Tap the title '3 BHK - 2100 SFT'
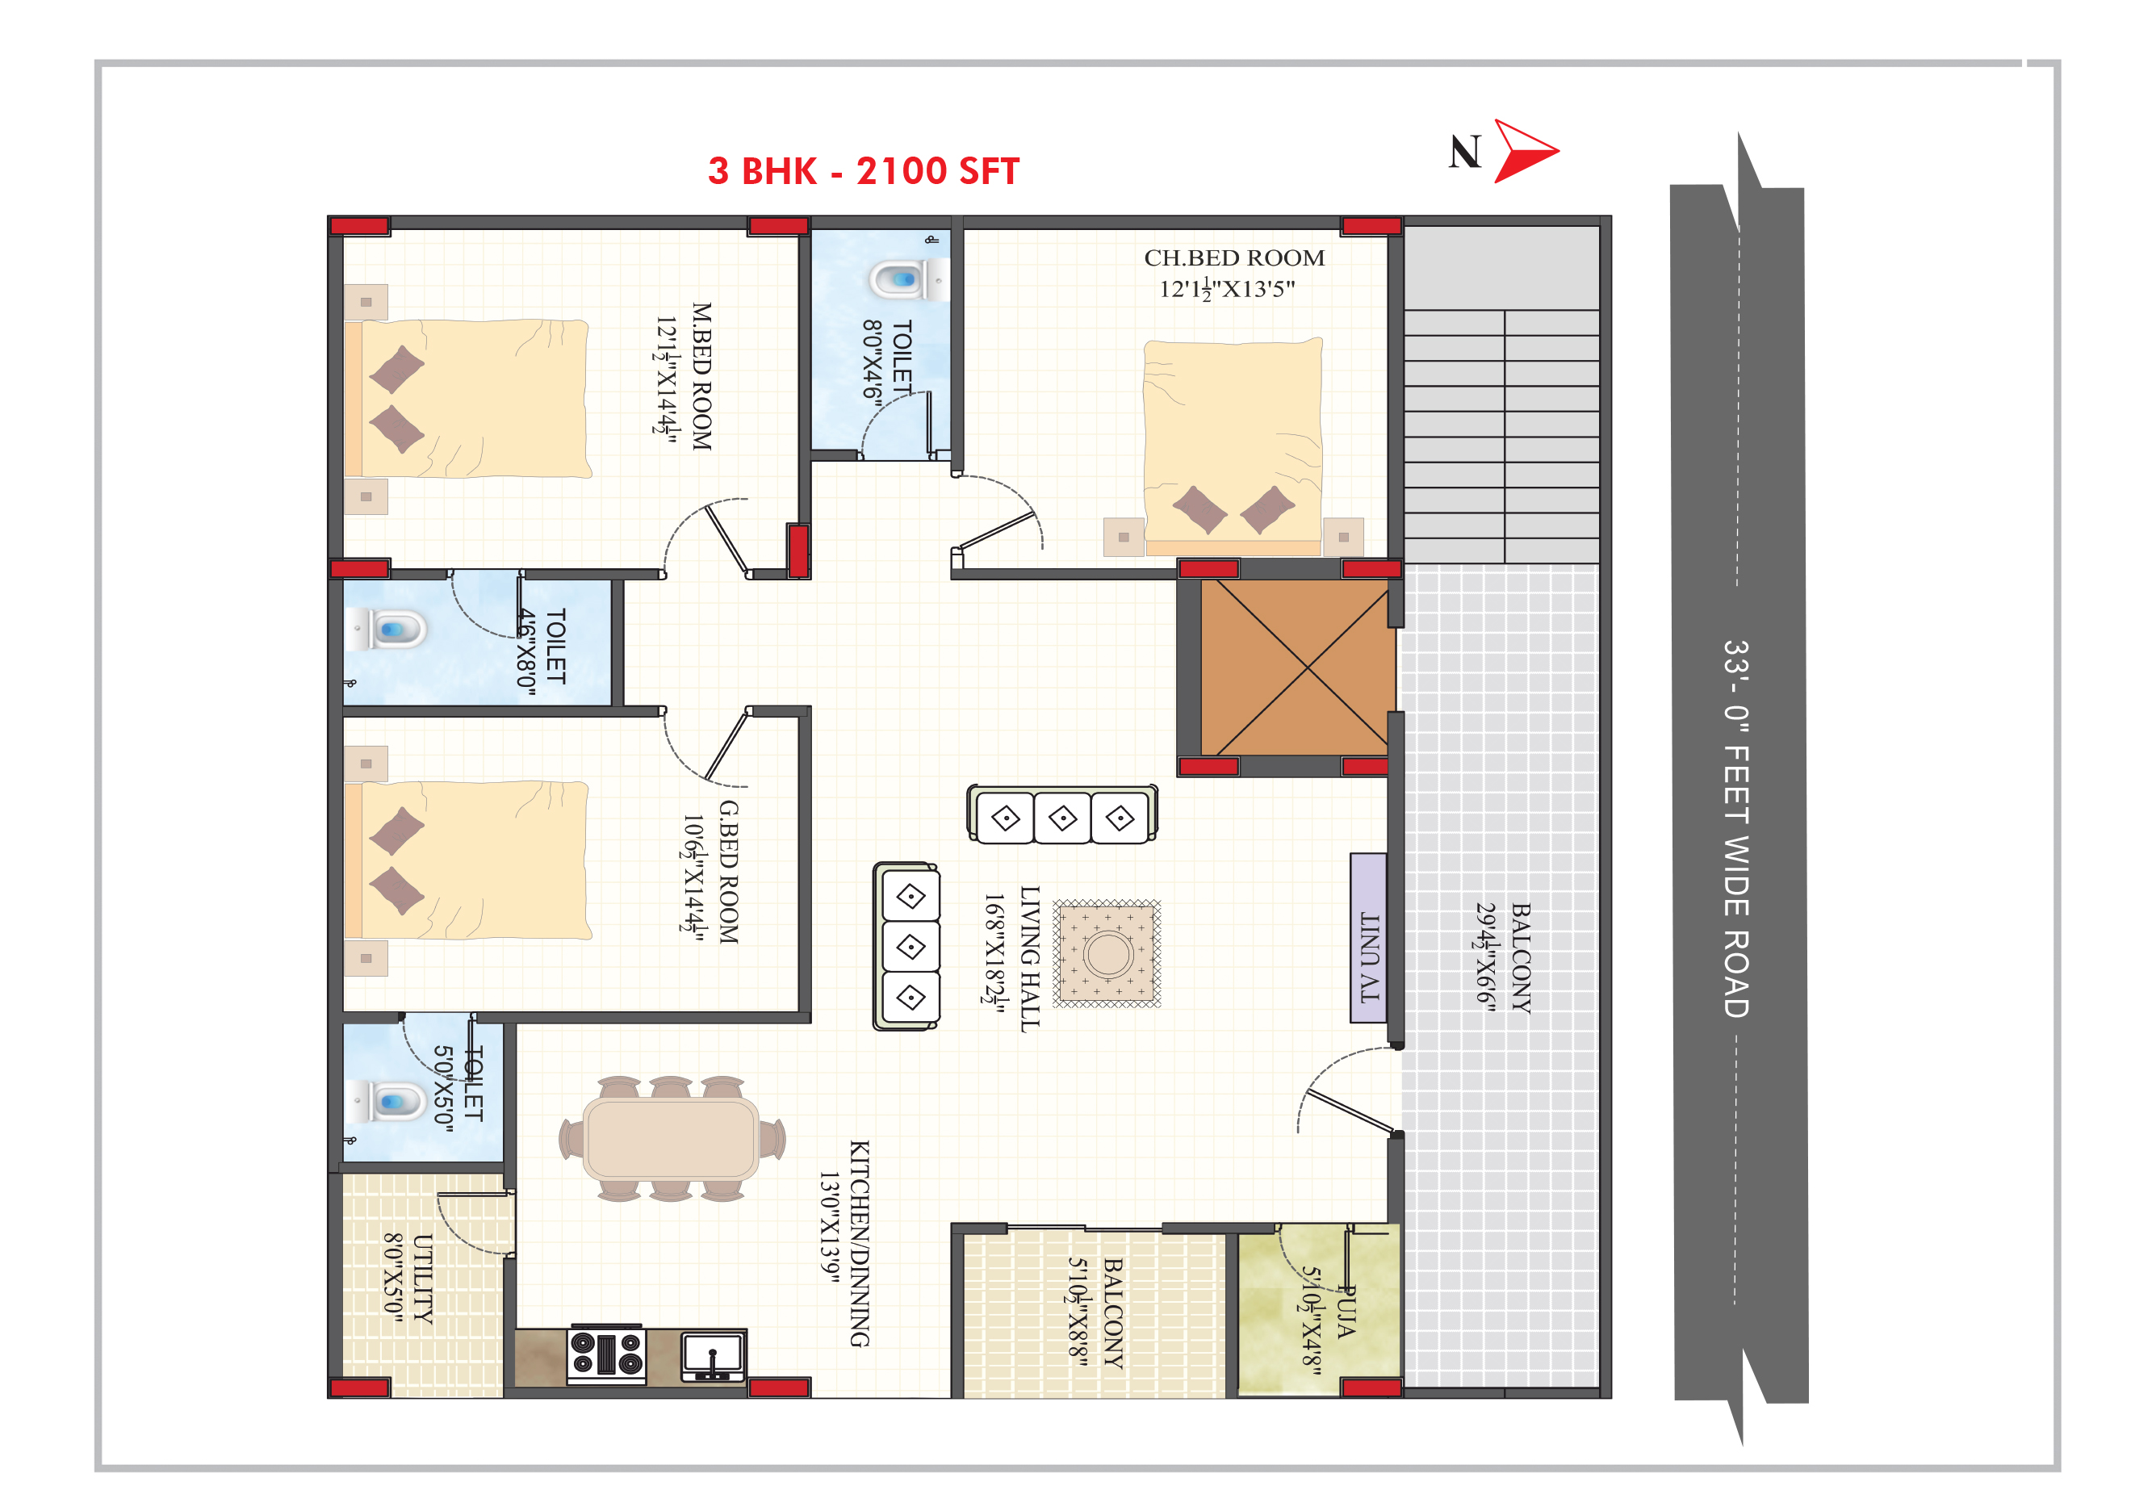tap(864, 171)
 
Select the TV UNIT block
tap(1368, 938)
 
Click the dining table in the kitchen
tap(671, 1139)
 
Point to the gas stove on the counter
tap(606, 1354)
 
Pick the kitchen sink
tap(713, 1355)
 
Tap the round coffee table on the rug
tap(1107, 954)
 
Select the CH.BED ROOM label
tap(1233, 257)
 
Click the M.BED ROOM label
tap(701, 377)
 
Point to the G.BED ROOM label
tap(728, 872)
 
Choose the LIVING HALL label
tap(1029, 958)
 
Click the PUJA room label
tap(1346, 1312)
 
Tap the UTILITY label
tap(422, 1279)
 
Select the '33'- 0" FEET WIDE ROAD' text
tap(1736, 828)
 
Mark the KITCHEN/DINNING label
tap(859, 1243)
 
